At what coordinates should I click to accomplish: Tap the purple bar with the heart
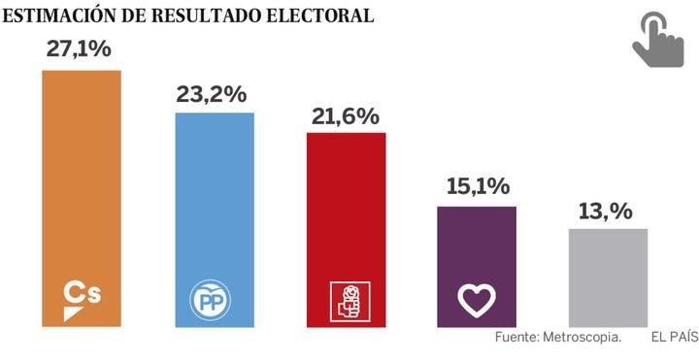(x=477, y=243)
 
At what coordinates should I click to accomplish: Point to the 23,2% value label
(x=212, y=94)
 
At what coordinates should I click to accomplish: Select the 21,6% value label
(x=345, y=115)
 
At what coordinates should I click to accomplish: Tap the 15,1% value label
(x=477, y=187)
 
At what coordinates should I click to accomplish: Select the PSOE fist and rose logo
(x=346, y=301)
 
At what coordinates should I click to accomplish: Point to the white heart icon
(x=477, y=301)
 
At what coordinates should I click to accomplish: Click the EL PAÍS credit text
(x=674, y=338)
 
